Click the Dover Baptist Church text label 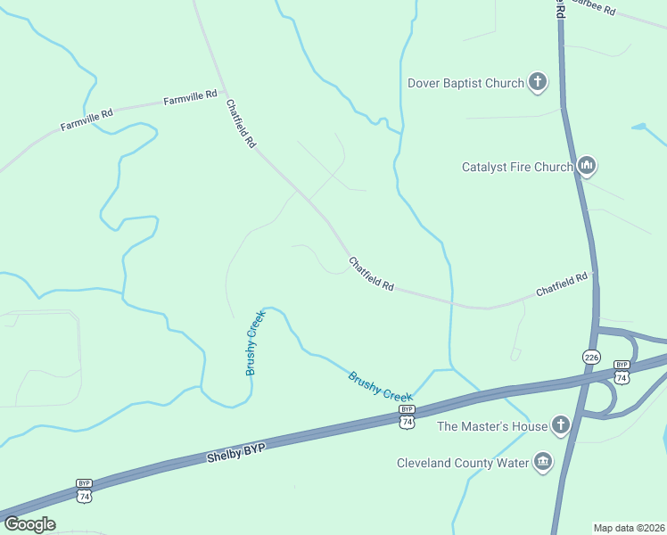[x=465, y=84]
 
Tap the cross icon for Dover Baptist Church [x=538, y=83]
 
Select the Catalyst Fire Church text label [x=516, y=167]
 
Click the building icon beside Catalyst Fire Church [x=587, y=166]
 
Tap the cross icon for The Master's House [x=561, y=424]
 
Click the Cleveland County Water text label [x=463, y=463]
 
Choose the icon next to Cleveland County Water [x=542, y=461]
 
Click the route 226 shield [x=591, y=357]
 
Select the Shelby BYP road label [x=236, y=449]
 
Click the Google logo [x=29, y=524]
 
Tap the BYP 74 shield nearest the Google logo [x=85, y=490]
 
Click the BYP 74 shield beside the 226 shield [x=622, y=371]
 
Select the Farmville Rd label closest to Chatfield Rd [x=191, y=96]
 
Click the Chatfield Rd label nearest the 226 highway [x=562, y=285]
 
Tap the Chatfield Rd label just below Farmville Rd [x=241, y=123]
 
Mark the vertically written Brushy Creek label [x=256, y=342]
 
